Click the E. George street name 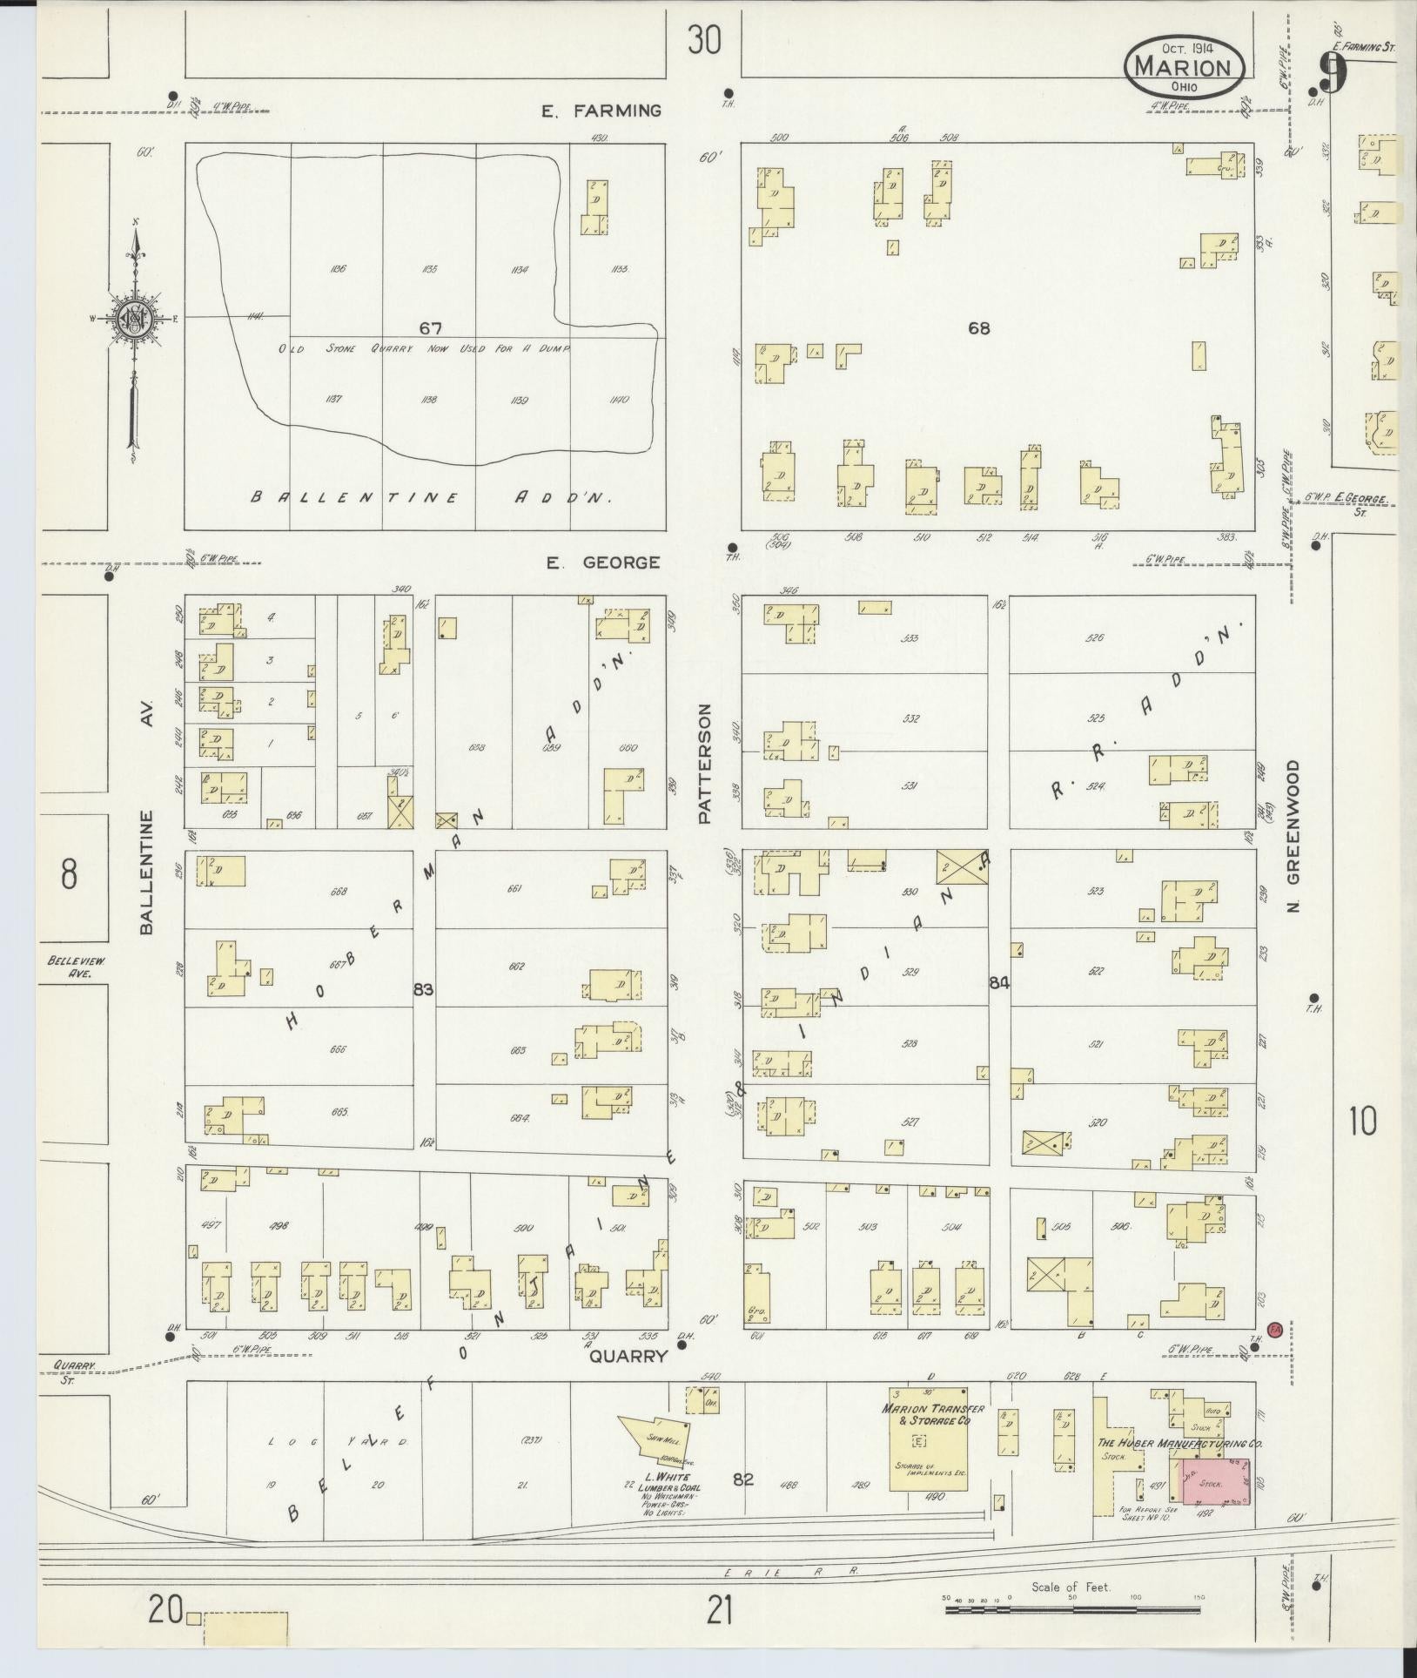(x=602, y=563)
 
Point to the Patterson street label (x=705, y=765)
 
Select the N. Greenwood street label (x=1294, y=837)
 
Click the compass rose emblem (x=136, y=319)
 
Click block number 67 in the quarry (x=430, y=328)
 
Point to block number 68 (x=979, y=328)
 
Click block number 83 (x=424, y=989)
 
